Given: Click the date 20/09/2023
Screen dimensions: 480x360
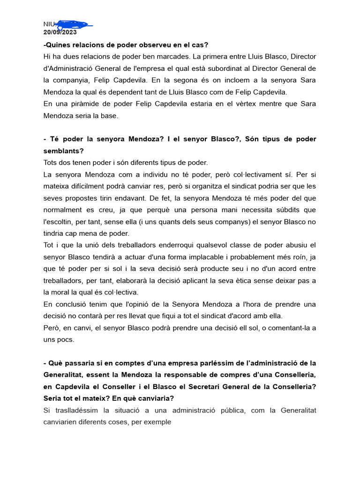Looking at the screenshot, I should point(60,32).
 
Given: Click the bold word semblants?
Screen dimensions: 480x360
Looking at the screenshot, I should point(63,151).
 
